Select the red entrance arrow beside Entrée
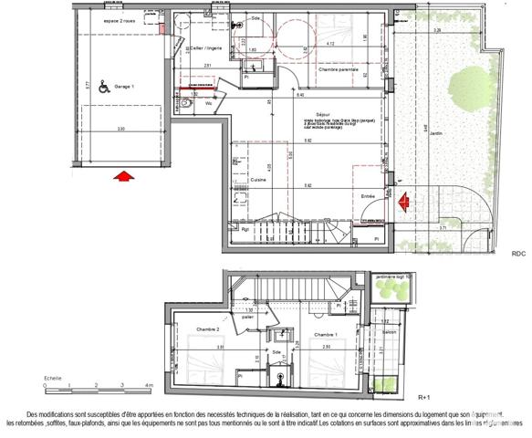coord(402,200)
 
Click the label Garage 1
coord(125,89)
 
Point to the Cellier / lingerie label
coord(205,47)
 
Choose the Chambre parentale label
coord(336,69)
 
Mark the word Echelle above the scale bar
coord(53,377)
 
